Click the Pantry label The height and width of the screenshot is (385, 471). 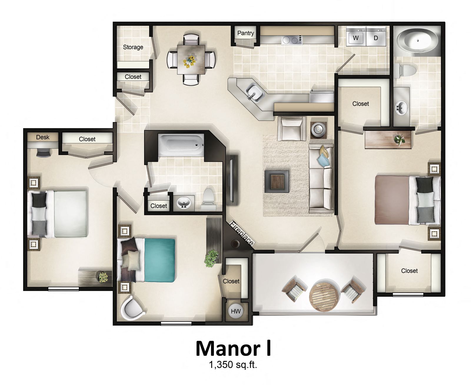245,33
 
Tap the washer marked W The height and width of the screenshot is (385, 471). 356,38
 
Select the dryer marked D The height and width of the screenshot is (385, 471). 376,38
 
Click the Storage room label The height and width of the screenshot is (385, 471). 133,47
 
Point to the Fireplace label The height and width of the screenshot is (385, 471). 241,233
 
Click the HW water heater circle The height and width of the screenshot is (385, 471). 236,311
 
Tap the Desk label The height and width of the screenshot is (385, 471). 43,137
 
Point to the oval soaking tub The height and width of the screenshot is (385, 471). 416,42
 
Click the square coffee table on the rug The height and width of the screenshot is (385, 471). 277,181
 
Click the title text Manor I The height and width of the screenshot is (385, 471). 233,349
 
